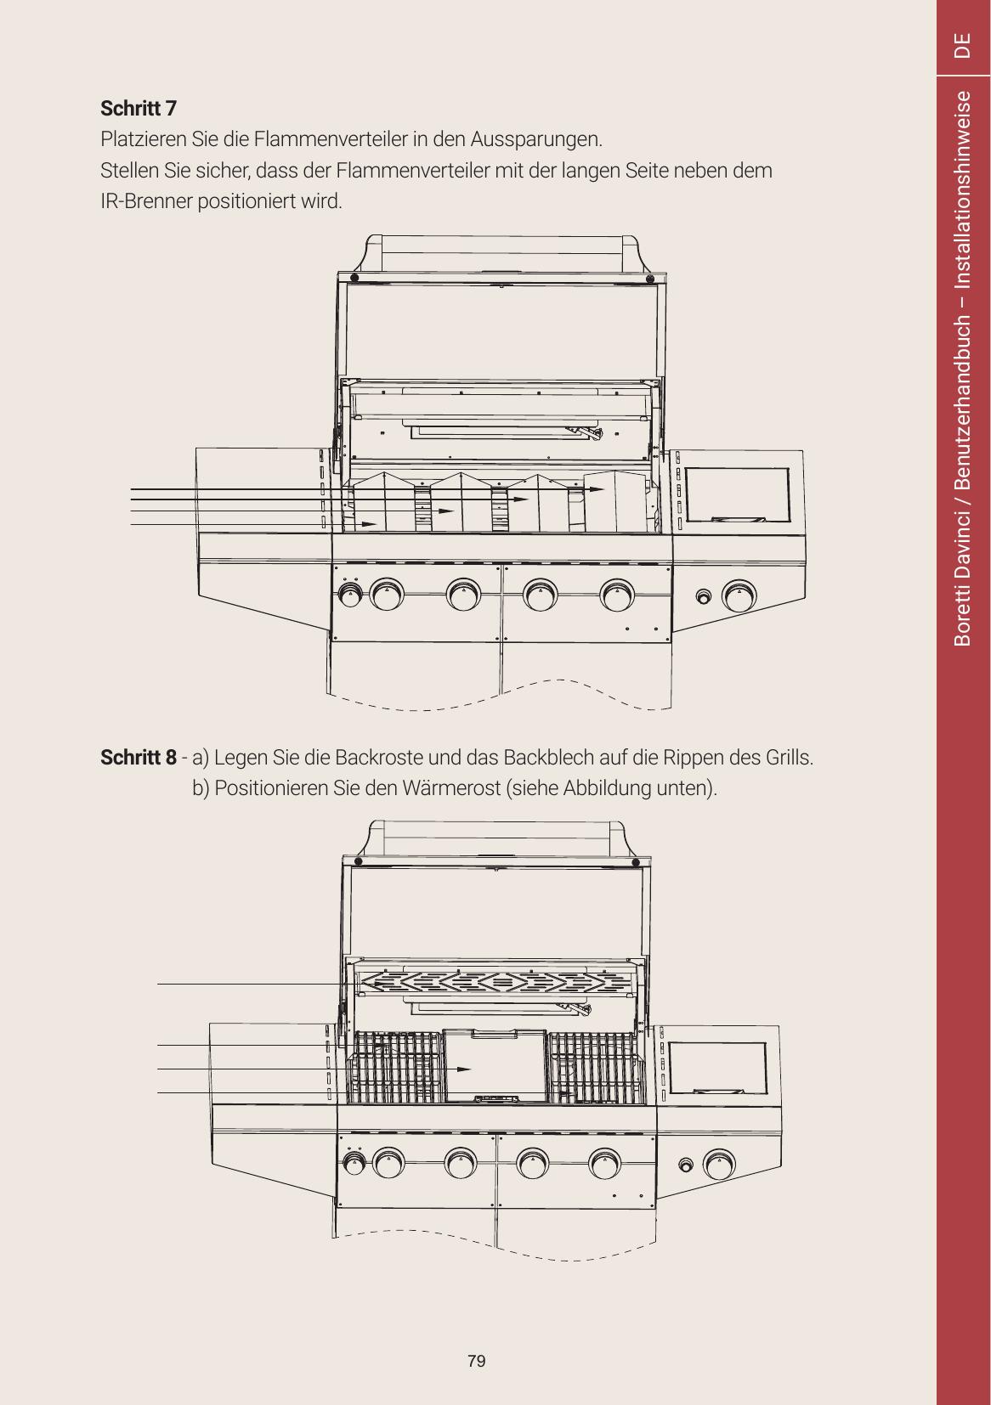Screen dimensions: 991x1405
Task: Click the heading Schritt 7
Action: click(138, 109)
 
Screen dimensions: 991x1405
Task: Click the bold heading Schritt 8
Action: click(138, 758)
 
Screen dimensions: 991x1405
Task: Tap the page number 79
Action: click(476, 1361)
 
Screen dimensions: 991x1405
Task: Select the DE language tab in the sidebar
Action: click(962, 45)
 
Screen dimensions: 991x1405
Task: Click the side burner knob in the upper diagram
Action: click(739, 595)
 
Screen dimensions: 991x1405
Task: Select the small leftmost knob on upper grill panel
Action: click(350, 594)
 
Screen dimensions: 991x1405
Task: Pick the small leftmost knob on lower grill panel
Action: click(354, 1164)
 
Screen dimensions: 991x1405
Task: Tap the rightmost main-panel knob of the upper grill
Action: click(617, 595)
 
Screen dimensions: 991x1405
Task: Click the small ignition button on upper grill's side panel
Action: click(704, 596)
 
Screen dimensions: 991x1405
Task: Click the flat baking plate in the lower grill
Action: click(495, 1067)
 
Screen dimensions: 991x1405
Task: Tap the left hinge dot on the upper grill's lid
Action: click(354, 278)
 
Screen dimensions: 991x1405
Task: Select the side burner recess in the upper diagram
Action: click(738, 495)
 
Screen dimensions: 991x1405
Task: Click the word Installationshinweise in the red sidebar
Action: click(962, 189)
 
